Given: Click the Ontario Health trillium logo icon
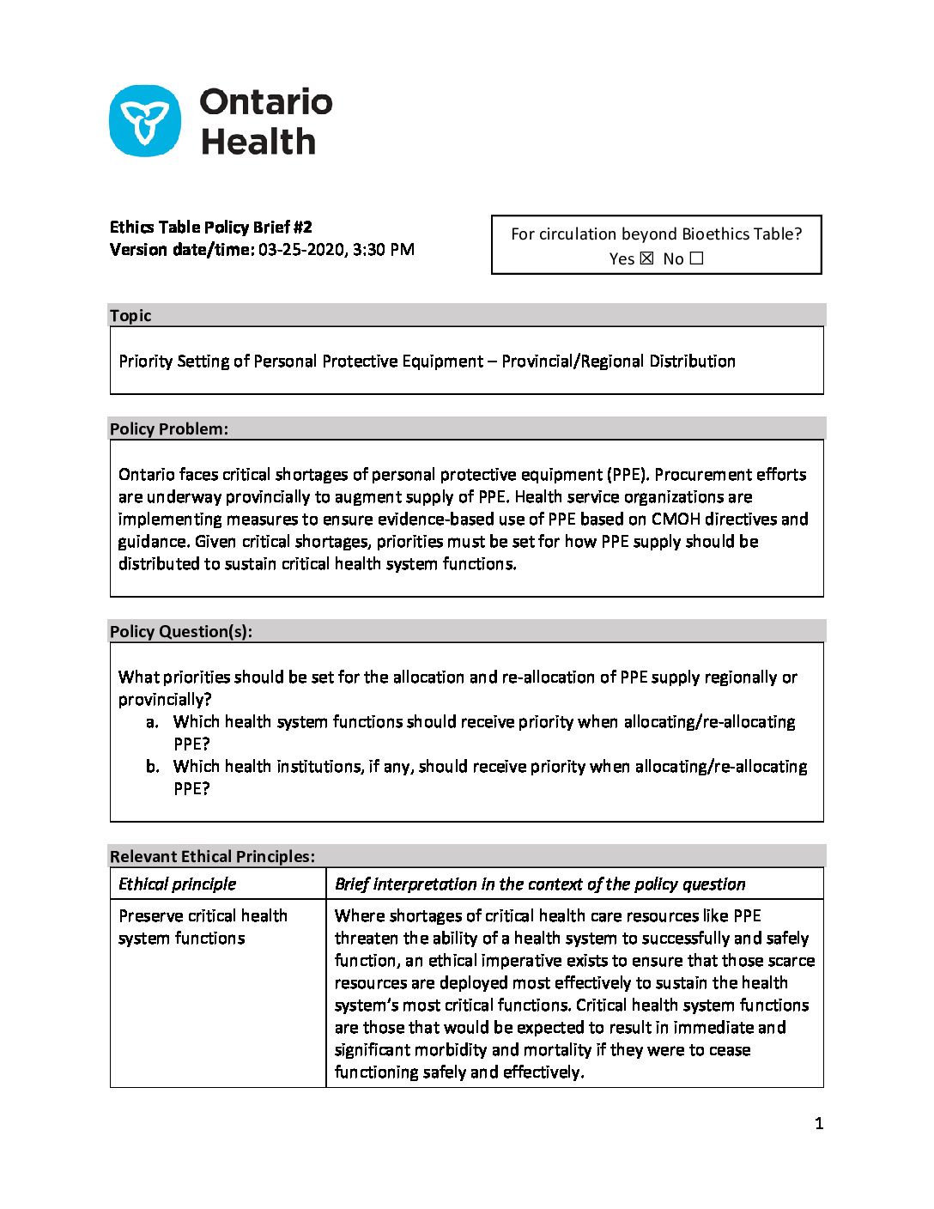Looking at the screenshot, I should point(145,121).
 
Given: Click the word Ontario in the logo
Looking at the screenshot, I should point(266,102).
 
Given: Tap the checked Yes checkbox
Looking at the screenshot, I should point(647,258).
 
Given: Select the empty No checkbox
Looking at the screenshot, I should point(696,258).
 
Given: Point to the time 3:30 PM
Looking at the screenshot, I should point(384,250).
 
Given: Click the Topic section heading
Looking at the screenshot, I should point(130,315).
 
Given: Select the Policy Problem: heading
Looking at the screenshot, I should point(169,428).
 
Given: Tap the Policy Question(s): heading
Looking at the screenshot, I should point(181,631).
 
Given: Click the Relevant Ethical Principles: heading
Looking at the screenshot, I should point(212,856).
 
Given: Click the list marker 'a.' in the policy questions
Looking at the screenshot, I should point(152,722).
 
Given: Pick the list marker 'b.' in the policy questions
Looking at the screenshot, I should point(152,767).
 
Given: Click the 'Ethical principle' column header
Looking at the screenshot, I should point(178,884).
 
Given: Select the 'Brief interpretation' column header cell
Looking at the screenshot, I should point(540,884).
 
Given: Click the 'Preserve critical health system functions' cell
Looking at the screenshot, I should point(203,926).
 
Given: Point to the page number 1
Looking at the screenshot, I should point(819,1123).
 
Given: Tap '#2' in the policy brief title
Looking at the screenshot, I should point(302,228).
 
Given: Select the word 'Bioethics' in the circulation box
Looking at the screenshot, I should point(718,234).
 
